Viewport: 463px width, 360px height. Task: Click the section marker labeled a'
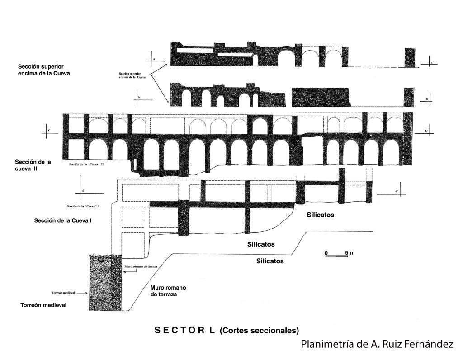tap(432, 63)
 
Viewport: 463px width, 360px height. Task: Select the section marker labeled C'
tap(426, 131)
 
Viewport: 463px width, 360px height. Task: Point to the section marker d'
tap(397, 192)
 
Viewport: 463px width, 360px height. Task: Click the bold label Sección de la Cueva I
tap(63, 221)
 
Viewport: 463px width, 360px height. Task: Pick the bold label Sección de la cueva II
tap(32, 165)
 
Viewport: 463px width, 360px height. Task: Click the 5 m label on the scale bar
tap(349, 252)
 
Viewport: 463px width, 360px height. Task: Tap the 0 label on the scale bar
tap(326, 252)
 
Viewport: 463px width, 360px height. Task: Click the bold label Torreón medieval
tap(43, 305)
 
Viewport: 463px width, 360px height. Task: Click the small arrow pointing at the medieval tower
tap(82, 293)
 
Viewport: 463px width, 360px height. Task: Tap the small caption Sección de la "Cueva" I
tap(83, 206)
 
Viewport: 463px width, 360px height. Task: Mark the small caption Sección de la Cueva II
tap(86, 164)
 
